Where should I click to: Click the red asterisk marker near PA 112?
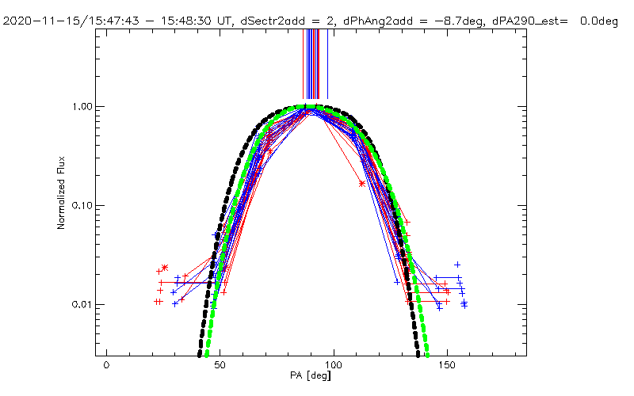pyautogui.click(x=362, y=183)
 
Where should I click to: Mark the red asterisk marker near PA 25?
pyautogui.click(x=165, y=267)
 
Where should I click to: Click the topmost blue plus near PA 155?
pyautogui.click(x=457, y=264)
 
